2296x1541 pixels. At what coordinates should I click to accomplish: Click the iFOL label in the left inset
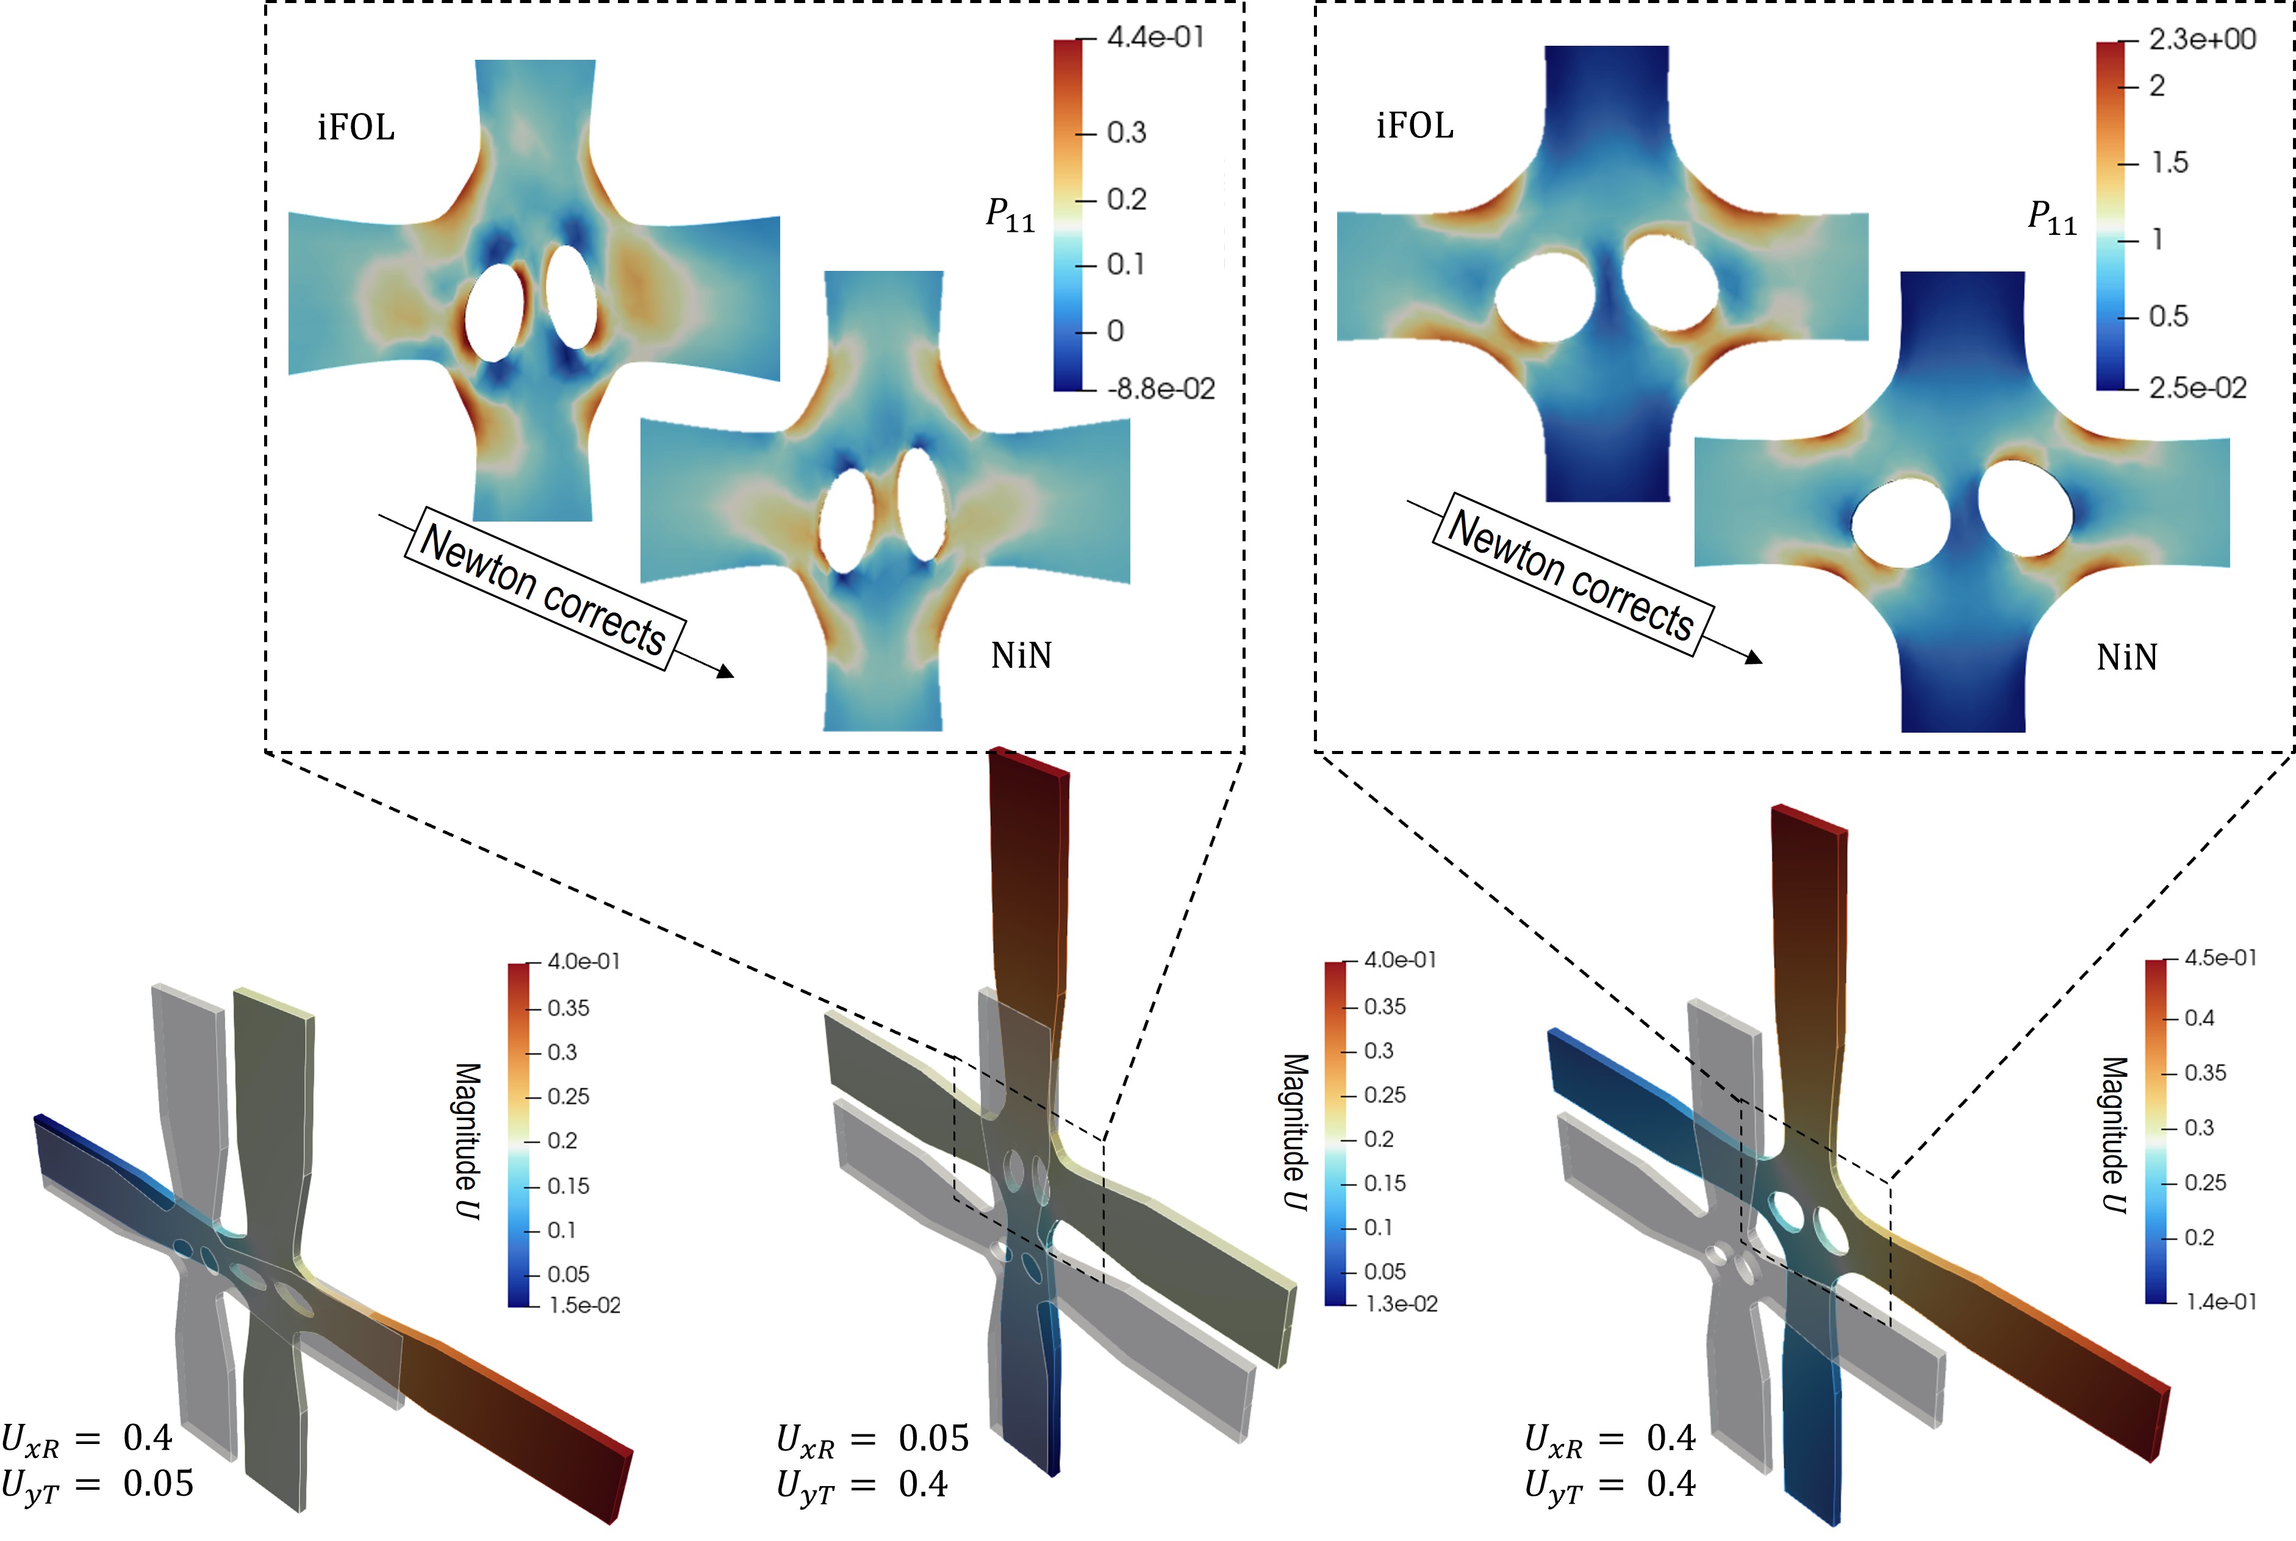[x=356, y=128]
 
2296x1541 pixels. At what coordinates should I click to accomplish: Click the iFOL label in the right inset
[x=1414, y=126]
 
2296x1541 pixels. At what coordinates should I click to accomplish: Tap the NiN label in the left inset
[x=1021, y=656]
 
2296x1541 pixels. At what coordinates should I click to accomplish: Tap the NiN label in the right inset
[x=2127, y=658]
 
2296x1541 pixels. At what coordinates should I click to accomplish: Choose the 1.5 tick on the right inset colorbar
[x=2169, y=162]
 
